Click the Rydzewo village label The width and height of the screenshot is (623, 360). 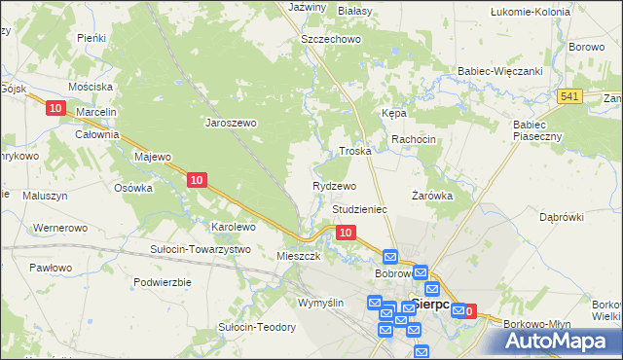334,185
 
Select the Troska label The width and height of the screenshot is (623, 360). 355,152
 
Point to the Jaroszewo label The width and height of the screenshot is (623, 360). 230,124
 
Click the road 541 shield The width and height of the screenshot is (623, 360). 570,95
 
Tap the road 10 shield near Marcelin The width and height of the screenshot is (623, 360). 55,109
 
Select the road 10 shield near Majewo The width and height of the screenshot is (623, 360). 197,179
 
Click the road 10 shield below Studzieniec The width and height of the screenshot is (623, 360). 345,233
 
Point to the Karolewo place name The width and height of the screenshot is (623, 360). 234,227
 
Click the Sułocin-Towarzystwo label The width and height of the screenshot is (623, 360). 201,249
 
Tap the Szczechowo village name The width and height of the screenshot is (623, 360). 331,39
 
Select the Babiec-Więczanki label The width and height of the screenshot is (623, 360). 499,72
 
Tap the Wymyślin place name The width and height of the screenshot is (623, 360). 321,303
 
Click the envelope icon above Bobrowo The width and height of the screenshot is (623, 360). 390,257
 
